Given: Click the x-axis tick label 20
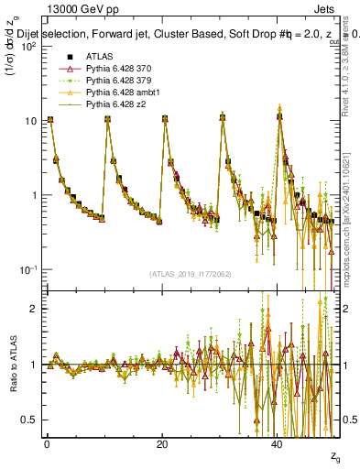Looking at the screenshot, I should click(162, 443).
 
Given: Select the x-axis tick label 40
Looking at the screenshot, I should click(278, 443).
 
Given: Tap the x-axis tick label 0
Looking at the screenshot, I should click(47, 443).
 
